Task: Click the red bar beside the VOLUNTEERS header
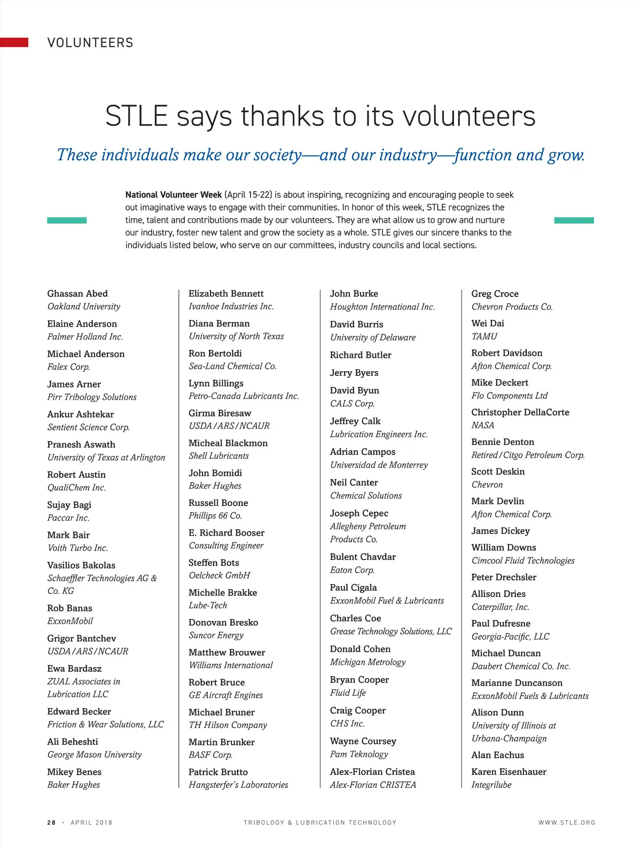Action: click(x=14, y=43)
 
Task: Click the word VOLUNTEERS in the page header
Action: click(x=90, y=43)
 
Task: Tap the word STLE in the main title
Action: click(x=137, y=116)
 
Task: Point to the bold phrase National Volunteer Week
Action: click(x=173, y=195)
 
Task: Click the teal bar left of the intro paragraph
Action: click(x=67, y=220)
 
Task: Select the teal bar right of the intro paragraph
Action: click(x=574, y=220)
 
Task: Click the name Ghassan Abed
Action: click(x=77, y=294)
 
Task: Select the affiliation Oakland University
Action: click(x=84, y=307)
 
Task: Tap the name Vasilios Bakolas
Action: click(x=81, y=565)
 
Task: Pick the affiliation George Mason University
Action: click(x=95, y=755)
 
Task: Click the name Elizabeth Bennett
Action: click(x=226, y=294)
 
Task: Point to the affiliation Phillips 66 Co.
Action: click(x=215, y=516)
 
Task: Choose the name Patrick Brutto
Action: click(x=218, y=772)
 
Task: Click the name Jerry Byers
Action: click(x=354, y=373)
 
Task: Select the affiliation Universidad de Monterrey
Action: click(x=379, y=465)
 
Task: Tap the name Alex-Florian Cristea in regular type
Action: click(x=372, y=772)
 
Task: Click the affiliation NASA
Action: click(x=483, y=426)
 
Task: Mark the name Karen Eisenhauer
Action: click(x=509, y=772)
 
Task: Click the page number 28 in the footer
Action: click(x=51, y=823)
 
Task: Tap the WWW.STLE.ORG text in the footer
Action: click(x=567, y=823)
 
